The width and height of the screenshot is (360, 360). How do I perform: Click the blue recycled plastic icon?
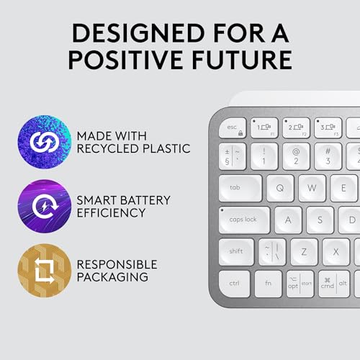tap(45, 139)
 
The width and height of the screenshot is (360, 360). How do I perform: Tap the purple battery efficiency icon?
tap(45, 204)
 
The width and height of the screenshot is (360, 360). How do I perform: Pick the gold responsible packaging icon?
tap(45, 269)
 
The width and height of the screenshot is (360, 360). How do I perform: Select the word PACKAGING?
tap(119, 276)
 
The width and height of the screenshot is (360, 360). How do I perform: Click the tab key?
tap(239, 188)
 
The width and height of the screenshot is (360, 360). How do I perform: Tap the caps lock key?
tap(244, 220)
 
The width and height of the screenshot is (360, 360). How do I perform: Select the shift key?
tap(237, 251)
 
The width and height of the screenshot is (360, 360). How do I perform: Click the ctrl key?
tap(235, 283)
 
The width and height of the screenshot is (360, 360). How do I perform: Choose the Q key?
tap(279, 188)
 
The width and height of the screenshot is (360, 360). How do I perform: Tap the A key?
tap(288, 220)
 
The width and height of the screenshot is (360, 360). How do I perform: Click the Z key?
tap(304, 251)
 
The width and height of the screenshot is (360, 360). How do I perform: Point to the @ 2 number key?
tap(296, 156)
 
